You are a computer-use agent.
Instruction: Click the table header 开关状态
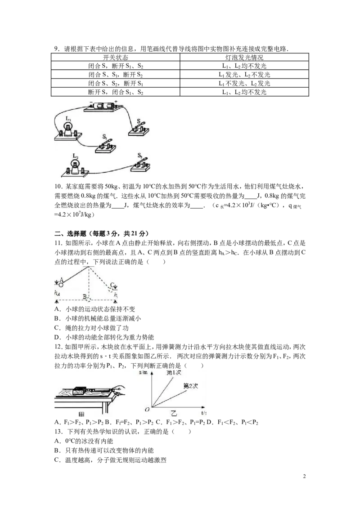click(115, 58)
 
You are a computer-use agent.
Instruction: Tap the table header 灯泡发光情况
click(244, 58)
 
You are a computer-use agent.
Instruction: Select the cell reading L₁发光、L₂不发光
click(244, 75)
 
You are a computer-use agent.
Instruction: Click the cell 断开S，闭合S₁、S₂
click(115, 92)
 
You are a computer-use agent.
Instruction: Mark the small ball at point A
click(61, 284)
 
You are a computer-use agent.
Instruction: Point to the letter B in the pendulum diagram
click(85, 296)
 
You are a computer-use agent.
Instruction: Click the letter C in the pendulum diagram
click(112, 285)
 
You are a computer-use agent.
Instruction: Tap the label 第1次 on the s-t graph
click(174, 373)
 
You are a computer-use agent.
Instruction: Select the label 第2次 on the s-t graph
click(191, 386)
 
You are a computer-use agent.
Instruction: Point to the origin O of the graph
click(147, 409)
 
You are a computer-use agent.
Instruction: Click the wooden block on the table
click(80, 391)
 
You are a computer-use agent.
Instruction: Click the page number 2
click(305, 477)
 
